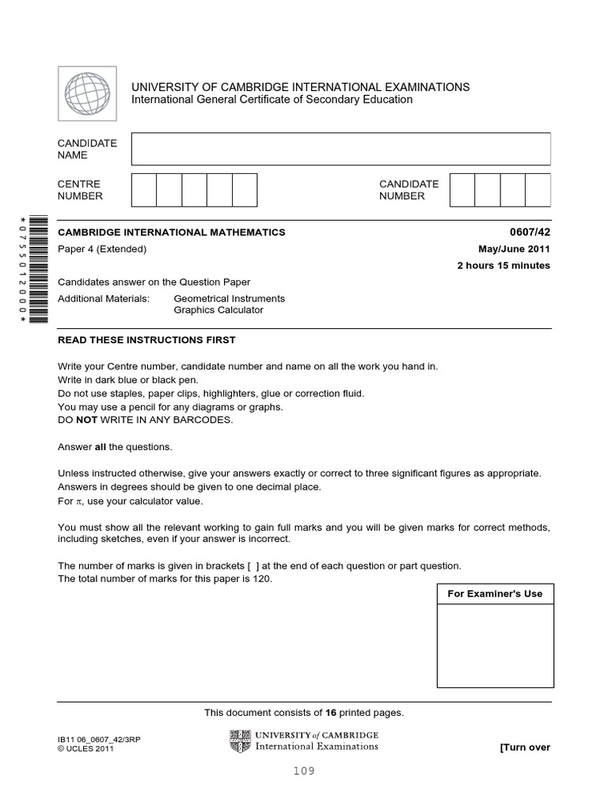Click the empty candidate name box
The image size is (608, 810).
[340, 149]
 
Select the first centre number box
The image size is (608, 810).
[144, 190]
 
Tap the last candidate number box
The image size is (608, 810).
[538, 190]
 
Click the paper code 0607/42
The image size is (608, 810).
[533, 233]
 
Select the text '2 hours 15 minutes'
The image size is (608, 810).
[503, 266]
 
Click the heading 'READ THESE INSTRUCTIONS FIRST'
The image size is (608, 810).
[146, 340]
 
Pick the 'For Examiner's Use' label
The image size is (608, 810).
[495, 594]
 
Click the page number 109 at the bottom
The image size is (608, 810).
[303, 771]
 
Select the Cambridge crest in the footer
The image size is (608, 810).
[240, 741]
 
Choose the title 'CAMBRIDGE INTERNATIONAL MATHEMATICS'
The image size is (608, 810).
[172, 233]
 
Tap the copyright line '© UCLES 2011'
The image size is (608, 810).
[85, 749]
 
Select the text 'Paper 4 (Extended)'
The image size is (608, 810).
[102, 249]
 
